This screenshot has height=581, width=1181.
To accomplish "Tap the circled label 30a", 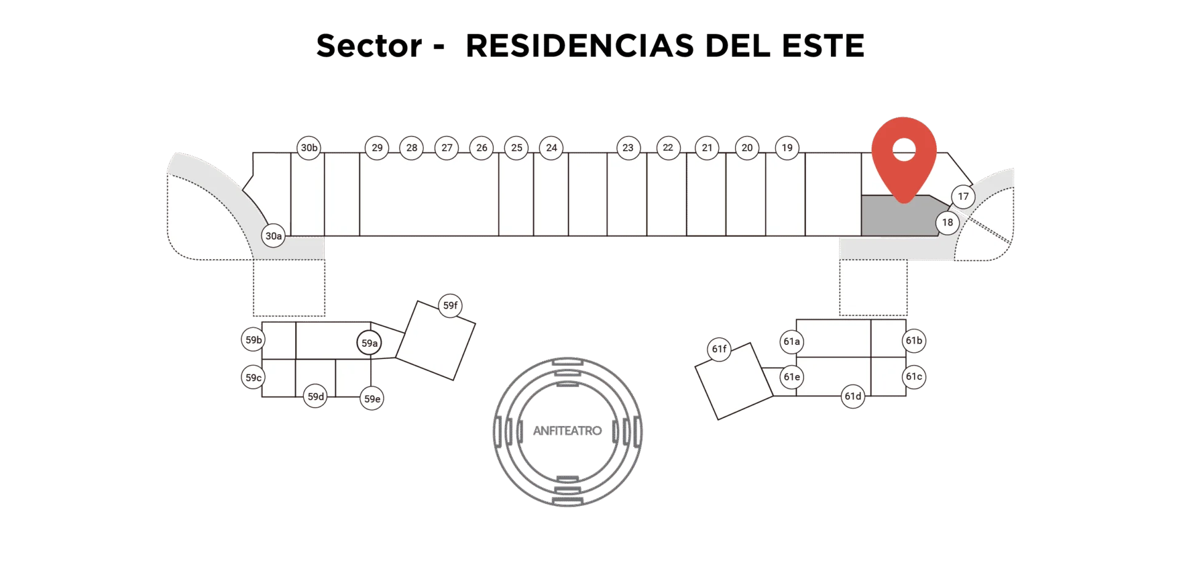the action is click(x=273, y=235).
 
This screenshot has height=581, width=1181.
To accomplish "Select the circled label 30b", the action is click(x=309, y=148).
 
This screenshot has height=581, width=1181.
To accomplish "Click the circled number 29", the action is click(x=377, y=148).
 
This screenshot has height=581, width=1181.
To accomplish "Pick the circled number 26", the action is click(x=482, y=148).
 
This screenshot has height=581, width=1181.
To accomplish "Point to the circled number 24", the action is click(x=551, y=148).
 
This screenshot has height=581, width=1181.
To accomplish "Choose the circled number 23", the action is click(x=628, y=148).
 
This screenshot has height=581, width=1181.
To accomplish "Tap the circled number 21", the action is click(x=707, y=148).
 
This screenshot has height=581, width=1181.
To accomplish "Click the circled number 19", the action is click(x=787, y=148).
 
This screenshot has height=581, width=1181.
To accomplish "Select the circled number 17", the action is click(x=963, y=197).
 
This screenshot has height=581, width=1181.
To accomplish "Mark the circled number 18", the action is click(x=947, y=223).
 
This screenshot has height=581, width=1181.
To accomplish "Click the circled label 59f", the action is click(x=450, y=306).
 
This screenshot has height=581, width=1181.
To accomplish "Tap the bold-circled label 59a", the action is click(x=369, y=343).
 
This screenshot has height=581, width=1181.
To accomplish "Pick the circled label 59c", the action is click(x=253, y=377).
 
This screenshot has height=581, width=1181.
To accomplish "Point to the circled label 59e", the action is click(x=372, y=398).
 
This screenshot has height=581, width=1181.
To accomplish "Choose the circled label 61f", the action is click(x=719, y=349).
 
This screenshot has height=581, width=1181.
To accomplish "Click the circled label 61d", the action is click(x=853, y=396).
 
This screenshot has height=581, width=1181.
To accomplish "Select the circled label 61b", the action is click(x=914, y=341).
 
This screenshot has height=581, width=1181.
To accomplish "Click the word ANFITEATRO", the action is click(x=567, y=431).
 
